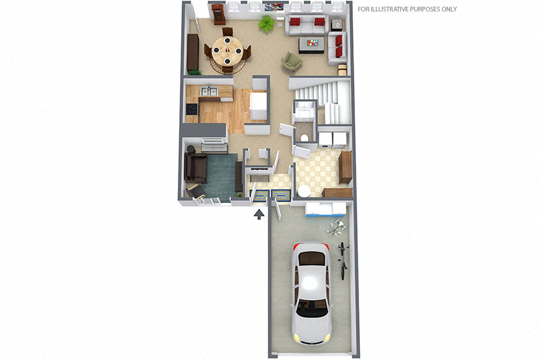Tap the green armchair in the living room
point(292,62)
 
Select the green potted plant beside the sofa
point(267,24)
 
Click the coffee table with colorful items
point(311,44)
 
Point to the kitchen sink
point(210,92)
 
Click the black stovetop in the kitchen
point(192,109)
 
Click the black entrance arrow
point(259,214)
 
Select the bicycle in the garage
point(342,260)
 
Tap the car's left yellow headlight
point(296,336)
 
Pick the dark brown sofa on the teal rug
point(195,167)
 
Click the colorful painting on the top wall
point(274,6)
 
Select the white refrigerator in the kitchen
point(259,106)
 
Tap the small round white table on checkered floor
point(304,191)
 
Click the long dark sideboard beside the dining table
point(193,52)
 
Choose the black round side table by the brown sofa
point(191,150)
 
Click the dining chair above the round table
point(228,32)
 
